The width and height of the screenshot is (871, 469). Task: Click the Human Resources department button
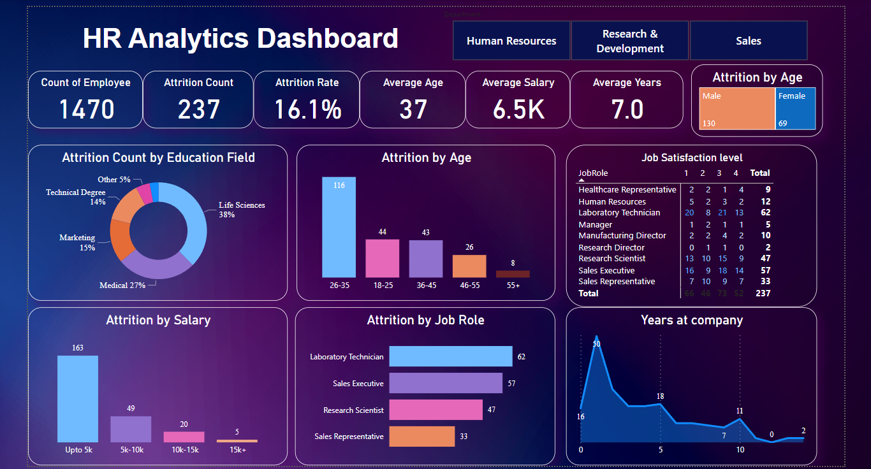point(511,41)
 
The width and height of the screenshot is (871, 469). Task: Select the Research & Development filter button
point(630,41)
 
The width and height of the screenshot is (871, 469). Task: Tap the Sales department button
point(748,41)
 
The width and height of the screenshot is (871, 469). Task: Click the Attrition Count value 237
point(198,109)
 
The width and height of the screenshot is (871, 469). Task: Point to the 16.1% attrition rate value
point(307,109)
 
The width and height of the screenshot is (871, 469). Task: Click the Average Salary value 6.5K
point(518,109)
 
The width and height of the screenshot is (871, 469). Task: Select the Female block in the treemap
point(795,108)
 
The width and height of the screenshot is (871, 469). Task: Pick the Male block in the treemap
point(737,108)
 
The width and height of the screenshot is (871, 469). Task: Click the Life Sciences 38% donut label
point(241,210)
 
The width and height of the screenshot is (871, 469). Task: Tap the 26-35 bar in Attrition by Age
point(339,227)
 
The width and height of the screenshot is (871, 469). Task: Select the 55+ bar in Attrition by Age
point(513,274)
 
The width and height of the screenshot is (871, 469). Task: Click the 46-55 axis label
point(469,285)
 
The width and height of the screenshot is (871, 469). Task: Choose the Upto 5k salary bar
point(78,398)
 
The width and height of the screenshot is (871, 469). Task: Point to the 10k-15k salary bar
point(184,437)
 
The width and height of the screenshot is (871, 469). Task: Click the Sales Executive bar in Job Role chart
point(446,383)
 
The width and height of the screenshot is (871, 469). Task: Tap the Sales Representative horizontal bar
point(421,437)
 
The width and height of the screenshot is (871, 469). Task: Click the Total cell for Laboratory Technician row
point(765,213)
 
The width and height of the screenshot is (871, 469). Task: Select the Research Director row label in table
point(611,247)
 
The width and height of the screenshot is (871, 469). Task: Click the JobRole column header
point(592,173)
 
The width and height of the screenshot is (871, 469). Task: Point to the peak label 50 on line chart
point(596,344)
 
